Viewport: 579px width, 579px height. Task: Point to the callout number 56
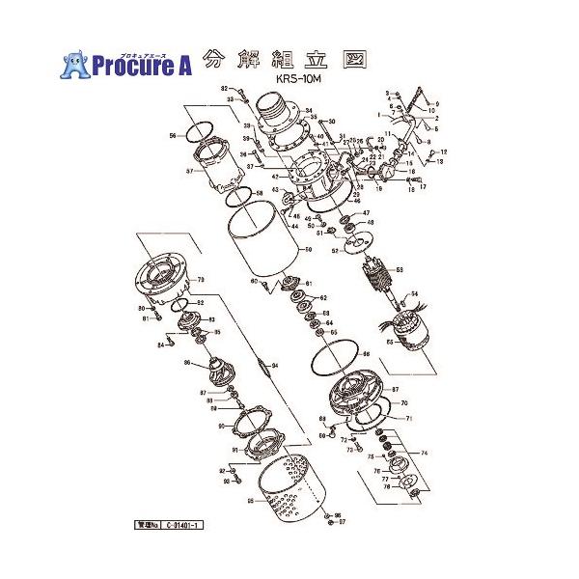coord(172,136)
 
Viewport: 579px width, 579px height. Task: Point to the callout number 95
coord(250,500)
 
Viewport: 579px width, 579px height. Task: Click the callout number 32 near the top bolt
coord(222,89)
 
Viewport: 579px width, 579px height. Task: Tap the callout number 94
coord(274,366)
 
